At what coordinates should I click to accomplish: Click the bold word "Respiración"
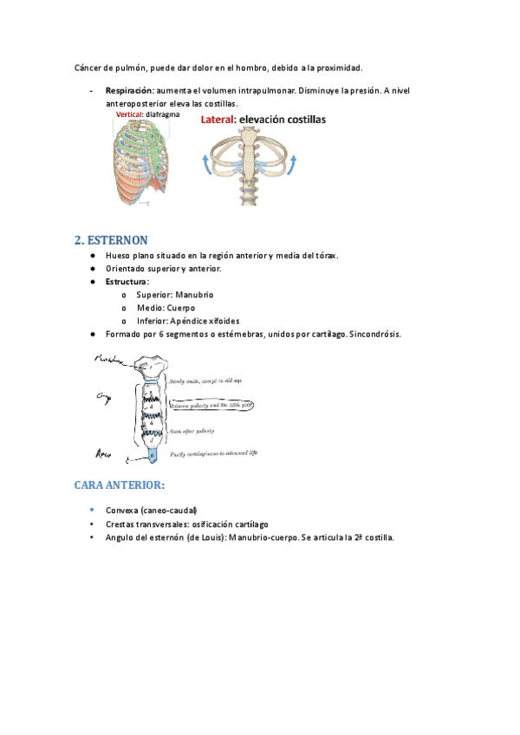pos(129,90)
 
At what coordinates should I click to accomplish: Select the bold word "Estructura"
pos(127,282)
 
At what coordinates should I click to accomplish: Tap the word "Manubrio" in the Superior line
pos(193,295)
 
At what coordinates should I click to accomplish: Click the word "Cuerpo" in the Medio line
pos(179,308)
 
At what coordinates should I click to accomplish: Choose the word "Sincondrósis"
pos(375,334)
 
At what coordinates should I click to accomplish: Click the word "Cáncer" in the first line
pos(88,67)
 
